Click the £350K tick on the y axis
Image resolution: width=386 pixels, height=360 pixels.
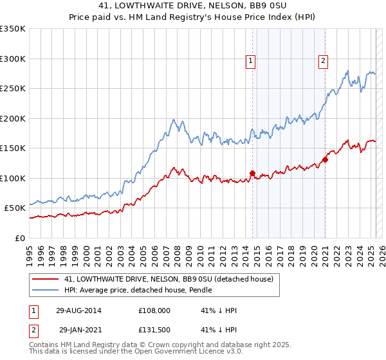(x=13, y=29)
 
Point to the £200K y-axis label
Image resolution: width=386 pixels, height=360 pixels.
(x=13, y=118)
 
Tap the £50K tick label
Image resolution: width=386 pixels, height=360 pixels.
(x=15, y=208)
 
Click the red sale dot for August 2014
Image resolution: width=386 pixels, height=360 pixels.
(x=252, y=173)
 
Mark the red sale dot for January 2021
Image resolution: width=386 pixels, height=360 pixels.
(x=325, y=159)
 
